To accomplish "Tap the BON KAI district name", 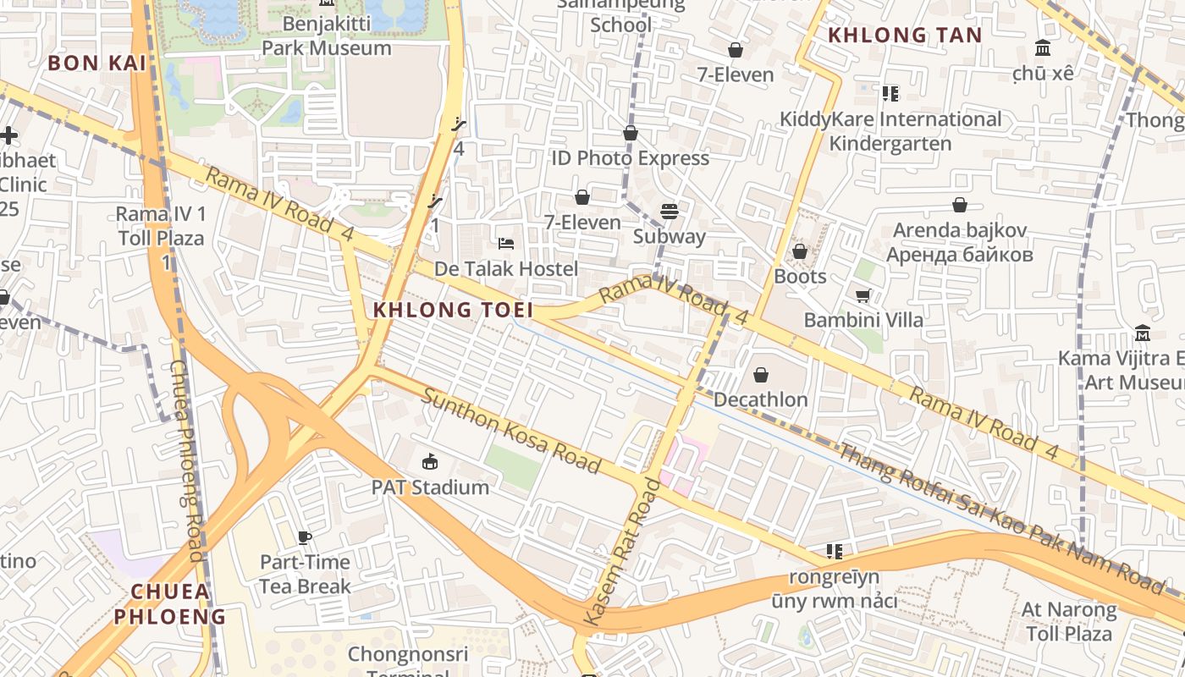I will (96, 63).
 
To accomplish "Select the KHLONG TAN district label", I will (904, 36).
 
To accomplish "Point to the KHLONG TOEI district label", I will (454, 310).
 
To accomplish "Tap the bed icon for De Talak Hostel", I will (506, 245).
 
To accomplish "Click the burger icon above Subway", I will (670, 211).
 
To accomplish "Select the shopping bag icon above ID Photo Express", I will (630, 133).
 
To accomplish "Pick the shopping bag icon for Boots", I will (799, 251).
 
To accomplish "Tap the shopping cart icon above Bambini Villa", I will (863, 295).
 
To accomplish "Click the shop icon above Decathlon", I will (760, 374).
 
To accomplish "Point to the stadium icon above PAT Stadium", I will (430, 461).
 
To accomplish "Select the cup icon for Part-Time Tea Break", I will (305, 537).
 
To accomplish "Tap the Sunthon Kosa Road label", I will (512, 431).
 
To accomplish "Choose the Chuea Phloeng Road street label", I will (188, 461).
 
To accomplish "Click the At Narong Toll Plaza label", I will (1069, 621).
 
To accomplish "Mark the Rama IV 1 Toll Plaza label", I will (161, 226).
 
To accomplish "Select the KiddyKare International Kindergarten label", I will (890, 131).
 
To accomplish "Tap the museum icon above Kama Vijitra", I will (1142, 333).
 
